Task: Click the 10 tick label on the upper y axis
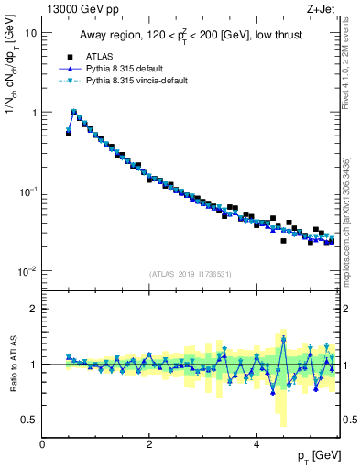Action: [x=30, y=33]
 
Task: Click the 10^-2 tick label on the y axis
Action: [x=28, y=271]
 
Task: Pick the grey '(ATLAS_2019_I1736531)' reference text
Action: [x=191, y=274]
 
